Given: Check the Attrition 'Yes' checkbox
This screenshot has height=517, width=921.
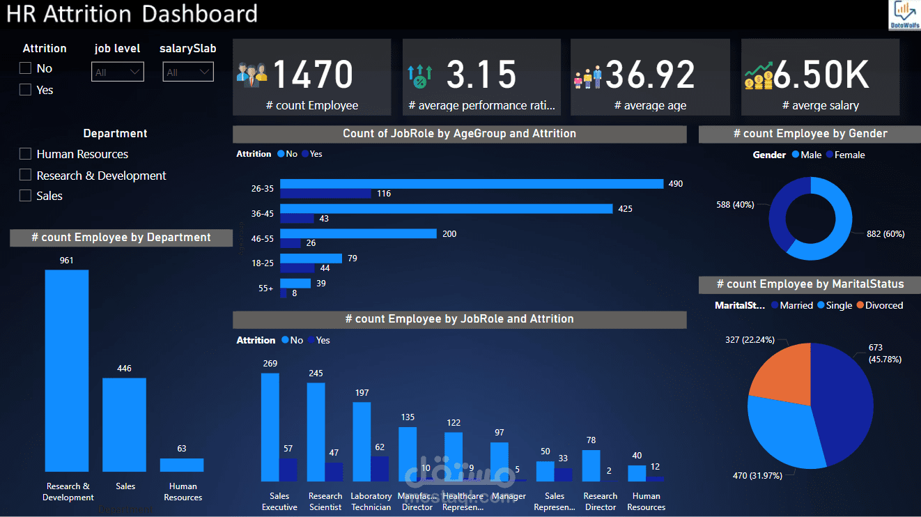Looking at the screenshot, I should (26, 90).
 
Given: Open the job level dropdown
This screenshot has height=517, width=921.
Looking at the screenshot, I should (117, 72).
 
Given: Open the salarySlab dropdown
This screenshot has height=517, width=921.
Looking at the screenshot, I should (188, 72).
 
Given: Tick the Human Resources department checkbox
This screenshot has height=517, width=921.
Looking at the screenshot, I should (26, 154).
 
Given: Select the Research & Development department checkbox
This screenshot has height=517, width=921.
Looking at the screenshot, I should (26, 175).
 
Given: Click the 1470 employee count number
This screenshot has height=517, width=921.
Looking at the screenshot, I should (313, 75).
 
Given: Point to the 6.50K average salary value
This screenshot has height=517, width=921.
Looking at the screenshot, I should (821, 75).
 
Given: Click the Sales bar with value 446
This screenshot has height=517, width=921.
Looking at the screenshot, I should (124, 425).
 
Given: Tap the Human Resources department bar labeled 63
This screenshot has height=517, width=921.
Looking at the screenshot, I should (181, 465).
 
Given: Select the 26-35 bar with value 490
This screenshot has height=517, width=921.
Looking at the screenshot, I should (471, 184).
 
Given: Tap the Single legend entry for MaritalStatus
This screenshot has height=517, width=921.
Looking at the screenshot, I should (835, 305).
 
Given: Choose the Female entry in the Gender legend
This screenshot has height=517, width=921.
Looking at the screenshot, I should (845, 155).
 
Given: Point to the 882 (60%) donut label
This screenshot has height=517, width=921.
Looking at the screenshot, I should (885, 234).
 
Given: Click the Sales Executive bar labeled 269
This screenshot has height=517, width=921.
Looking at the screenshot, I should (270, 427).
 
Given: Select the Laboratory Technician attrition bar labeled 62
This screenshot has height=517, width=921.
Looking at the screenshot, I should (380, 469).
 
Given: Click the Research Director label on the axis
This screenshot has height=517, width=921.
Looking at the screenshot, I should (601, 502).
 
